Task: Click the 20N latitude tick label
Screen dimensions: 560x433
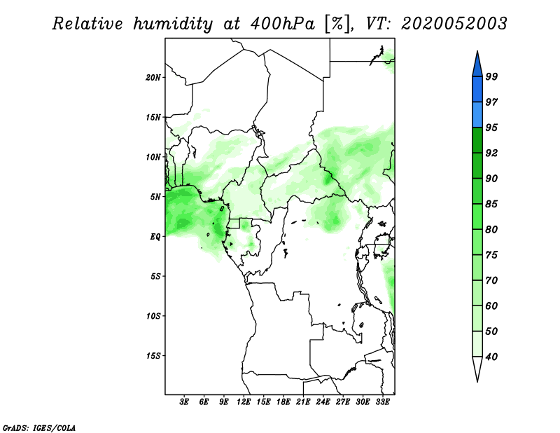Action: tap(153, 78)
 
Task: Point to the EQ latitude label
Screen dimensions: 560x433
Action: tap(155, 237)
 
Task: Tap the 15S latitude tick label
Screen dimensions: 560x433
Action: tap(153, 356)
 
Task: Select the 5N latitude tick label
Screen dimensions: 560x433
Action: tap(155, 197)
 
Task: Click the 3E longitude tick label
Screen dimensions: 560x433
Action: tap(184, 402)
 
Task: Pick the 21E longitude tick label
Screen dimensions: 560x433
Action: tap(303, 402)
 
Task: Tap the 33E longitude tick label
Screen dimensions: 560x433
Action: tap(382, 402)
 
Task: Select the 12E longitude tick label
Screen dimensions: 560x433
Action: tap(244, 402)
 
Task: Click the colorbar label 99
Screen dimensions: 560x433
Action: tap(491, 76)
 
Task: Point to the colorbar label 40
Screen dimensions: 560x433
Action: tap(491, 357)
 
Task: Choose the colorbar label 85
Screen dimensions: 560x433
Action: tap(491, 204)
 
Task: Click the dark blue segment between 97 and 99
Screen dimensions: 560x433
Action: tap(477, 90)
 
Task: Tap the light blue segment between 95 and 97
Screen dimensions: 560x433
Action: tap(477, 115)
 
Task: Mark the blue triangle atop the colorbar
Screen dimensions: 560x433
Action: tap(477, 66)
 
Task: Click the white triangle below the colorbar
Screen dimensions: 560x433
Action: tap(477, 368)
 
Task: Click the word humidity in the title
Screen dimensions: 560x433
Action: tap(173, 24)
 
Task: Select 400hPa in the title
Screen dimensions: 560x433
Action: tap(283, 24)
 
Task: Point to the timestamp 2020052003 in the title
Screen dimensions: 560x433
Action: tap(454, 24)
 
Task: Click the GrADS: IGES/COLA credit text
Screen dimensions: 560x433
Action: tap(39, 428)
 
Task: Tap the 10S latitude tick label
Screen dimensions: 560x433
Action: tap(153, 316)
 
